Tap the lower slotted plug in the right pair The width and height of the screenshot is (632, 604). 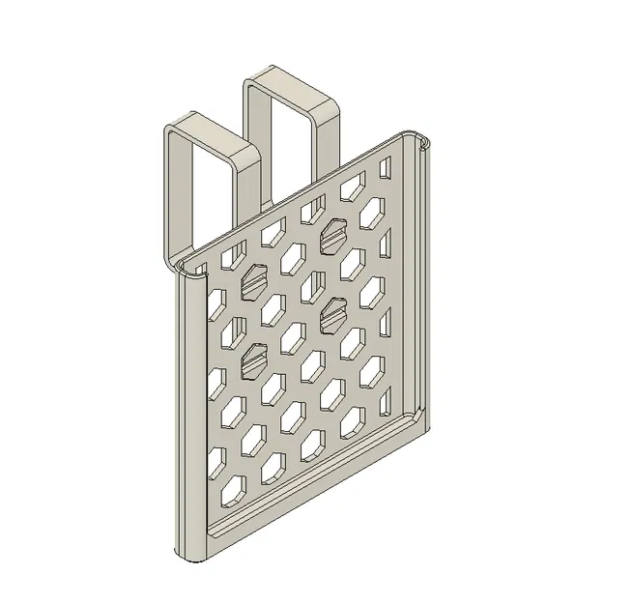tap(333, 311)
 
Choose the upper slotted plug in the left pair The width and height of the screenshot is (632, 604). tap(256, 280)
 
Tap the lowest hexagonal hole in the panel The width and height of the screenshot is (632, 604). tap(235, 494)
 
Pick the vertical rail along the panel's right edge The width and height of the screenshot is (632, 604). tap(421, 280)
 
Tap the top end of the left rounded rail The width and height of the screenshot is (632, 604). tap(188, 276)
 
